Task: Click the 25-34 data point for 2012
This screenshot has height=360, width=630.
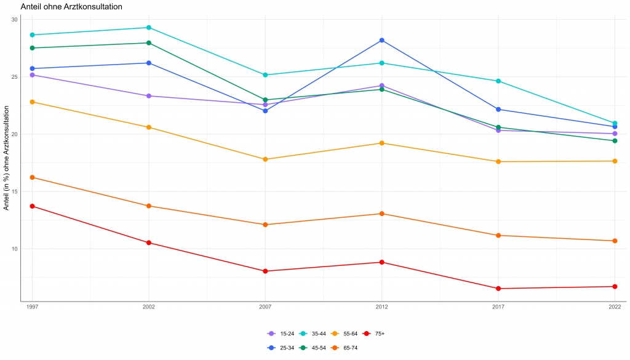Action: click(x=381, y=40)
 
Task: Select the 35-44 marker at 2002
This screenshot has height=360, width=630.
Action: click(x=149, y=28)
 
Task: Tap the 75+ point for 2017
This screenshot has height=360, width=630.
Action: click(x=498, y=289)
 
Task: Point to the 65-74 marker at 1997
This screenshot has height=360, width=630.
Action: click(x=33, y=177)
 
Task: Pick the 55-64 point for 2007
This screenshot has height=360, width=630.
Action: click(x=265, y=159)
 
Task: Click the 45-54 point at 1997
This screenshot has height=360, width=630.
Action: click(x=33, y=48)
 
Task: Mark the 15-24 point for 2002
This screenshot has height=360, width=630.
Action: click(x=149, y=96)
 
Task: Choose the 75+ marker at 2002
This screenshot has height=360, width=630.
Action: click(x=149, y=242)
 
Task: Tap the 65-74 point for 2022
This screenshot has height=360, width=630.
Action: click(x=615, y=241)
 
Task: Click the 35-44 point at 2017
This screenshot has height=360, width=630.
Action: click(x=498, y=81)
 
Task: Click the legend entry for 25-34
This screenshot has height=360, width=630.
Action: click(x=280, y=348)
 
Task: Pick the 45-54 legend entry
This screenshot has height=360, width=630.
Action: click(x=312, y=348)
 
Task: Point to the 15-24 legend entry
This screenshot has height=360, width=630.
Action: click(x=280, y=334)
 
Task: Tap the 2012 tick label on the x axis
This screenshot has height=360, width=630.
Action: click(x=381, y=307)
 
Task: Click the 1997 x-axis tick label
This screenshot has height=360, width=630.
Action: click(x=33, y=307)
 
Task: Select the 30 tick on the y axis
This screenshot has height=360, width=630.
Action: click(x=14, y=20)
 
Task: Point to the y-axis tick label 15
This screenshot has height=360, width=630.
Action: click(x=14, y=191)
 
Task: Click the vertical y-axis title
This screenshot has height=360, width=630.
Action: click(x=6, y=158)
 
